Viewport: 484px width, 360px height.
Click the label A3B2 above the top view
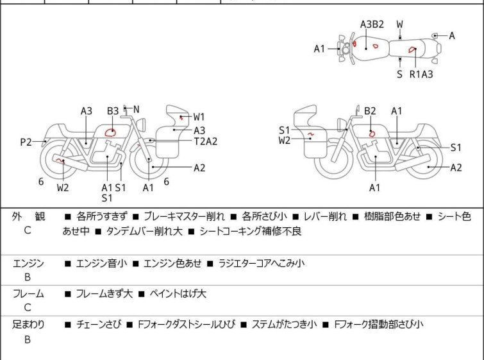[x=372, y=24]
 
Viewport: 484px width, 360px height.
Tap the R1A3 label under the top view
[x=421, y=74]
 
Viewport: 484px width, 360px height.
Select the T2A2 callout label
[x=206, y=141]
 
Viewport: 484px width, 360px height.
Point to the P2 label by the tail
[x=26, y=142]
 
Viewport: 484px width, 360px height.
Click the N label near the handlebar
[x=136, y=110]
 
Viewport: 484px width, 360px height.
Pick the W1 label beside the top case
[x=199, y=117]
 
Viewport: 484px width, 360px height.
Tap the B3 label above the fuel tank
[x=113, y=111]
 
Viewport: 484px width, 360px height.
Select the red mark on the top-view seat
[x=412, y=49]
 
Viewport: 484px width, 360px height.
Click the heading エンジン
[x=28, y=263]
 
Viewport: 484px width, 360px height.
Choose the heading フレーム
[x=28, y=294]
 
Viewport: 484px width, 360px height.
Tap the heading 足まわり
[x=28, y=325]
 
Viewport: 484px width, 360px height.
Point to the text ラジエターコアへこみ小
[x=262, y=263]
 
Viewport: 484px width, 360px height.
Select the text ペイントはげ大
[x=178, y=294]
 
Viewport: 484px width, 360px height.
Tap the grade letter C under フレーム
[x=28, y=308]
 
